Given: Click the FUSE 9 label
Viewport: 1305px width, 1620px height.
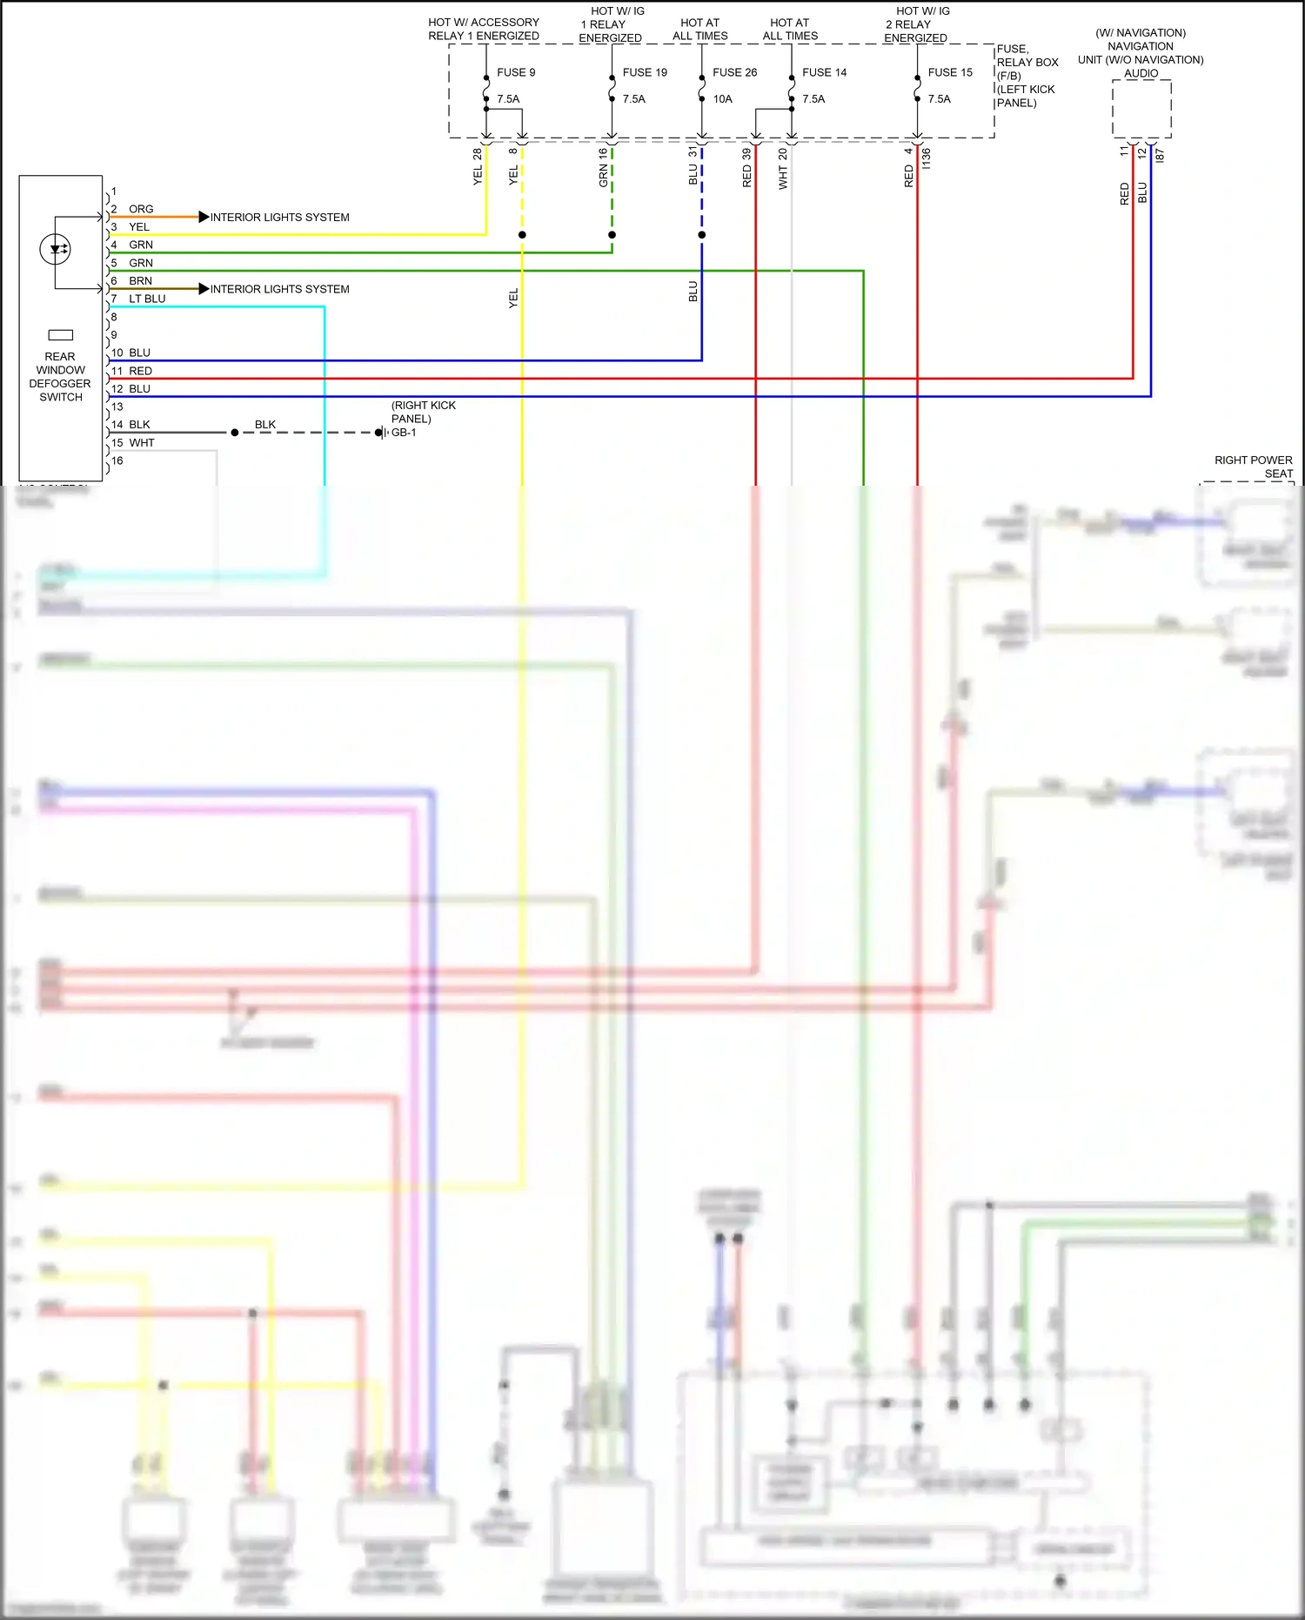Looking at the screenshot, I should tap(516, 72).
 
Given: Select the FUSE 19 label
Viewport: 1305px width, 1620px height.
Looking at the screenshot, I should tap(645, 72).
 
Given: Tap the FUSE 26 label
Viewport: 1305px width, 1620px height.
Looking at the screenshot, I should tap(734, 72).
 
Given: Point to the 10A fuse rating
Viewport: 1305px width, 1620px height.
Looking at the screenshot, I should tap(722, 99).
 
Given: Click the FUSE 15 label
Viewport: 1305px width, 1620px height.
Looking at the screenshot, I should tap(950, 72).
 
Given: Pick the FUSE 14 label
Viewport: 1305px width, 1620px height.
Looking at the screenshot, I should tap(824, 72).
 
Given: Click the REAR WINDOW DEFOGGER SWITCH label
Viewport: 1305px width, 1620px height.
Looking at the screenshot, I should tap(60, 377).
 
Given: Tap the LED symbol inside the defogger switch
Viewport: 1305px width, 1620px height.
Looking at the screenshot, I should tap(56, 250).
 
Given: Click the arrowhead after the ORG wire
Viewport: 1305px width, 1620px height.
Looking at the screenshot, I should tap(204, 217).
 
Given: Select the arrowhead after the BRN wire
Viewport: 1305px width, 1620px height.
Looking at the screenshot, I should tap(204, 288).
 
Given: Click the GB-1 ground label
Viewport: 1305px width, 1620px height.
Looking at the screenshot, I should tap(404, 433).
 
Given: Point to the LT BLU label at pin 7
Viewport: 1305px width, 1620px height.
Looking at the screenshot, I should tap(147, 299).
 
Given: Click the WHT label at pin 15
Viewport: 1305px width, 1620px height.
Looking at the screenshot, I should tap(142, 443).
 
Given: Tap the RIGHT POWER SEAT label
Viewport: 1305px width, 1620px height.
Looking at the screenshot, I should tap(1254, 467).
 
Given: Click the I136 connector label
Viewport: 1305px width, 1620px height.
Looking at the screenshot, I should tap(927, 158).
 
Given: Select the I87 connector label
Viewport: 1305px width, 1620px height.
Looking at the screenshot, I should tap(1160, 156).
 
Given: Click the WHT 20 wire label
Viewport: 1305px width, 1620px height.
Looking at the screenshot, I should tap(783, 169).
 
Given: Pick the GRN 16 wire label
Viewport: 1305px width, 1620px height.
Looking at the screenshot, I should tap(603, 167).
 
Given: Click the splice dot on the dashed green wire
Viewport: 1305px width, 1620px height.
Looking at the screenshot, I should tap(612, 235).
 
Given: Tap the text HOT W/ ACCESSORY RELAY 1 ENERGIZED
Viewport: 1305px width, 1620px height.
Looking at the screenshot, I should tap(484, 29).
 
